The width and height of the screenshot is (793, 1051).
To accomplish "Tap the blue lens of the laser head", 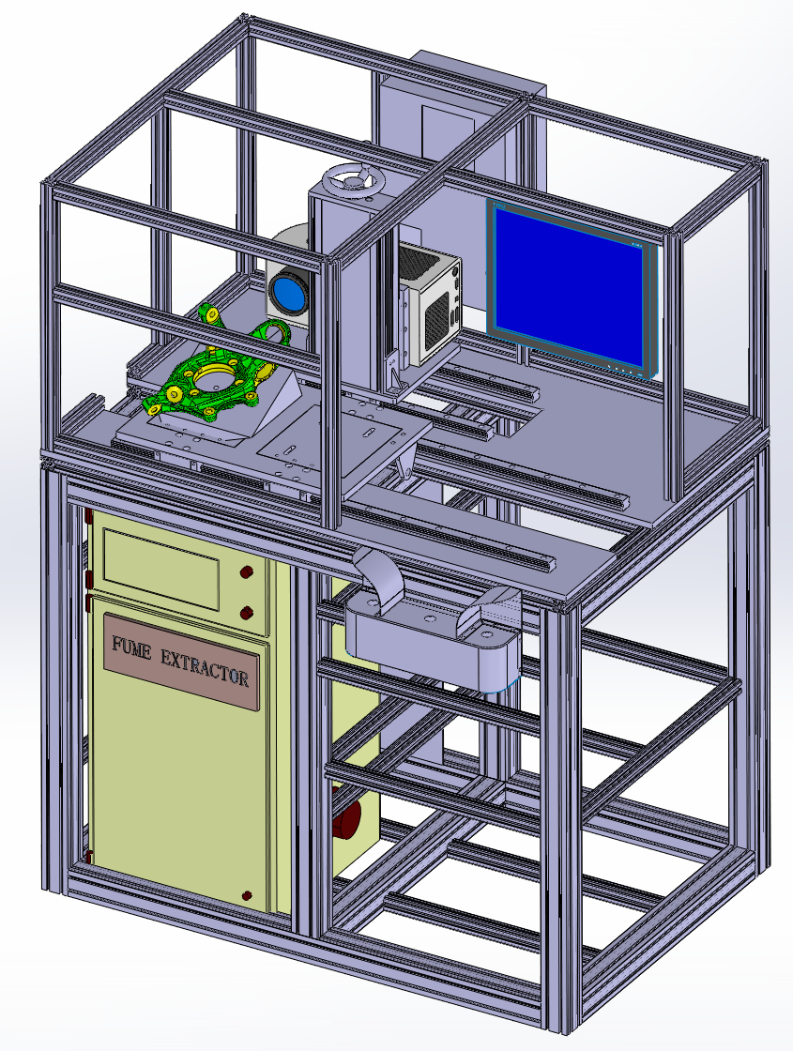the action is point(289,292).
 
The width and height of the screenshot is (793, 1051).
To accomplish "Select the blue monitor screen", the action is point(569,287).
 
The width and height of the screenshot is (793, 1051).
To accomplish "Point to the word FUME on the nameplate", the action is point(131,648).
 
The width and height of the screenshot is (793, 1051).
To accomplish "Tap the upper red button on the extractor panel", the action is point(247,572).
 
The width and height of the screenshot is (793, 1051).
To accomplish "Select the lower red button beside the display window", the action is point(247,612).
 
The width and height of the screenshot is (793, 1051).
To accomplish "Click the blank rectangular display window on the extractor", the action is point(160,569).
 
